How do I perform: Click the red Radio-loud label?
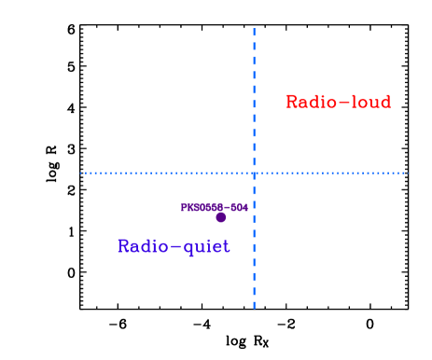pos(338,102)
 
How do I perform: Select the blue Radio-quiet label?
pos(173,246)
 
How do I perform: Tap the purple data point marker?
pos(220,217)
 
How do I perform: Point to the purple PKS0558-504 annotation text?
pos(214,207)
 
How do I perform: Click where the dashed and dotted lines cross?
pos(254,173)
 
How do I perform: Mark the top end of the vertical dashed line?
pos(254,29)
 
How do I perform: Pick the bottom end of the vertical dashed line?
pos(254,308)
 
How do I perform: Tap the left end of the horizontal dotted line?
pos(81,173)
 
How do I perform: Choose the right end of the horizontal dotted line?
pos(408,173)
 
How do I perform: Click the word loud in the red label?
pos(370,102)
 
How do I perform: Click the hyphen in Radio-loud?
pos(342,103)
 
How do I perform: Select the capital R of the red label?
pos(291,102)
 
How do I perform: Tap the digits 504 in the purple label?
pos(240,207)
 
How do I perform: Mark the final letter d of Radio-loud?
pos(385,102)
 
